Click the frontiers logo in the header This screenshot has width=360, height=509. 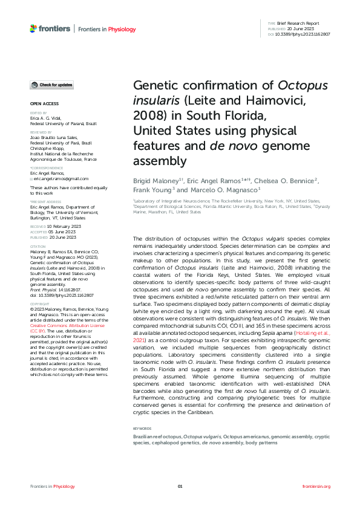50,28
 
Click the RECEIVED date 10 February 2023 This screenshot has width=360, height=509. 61,225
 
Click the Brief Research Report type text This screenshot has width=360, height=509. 305,23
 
